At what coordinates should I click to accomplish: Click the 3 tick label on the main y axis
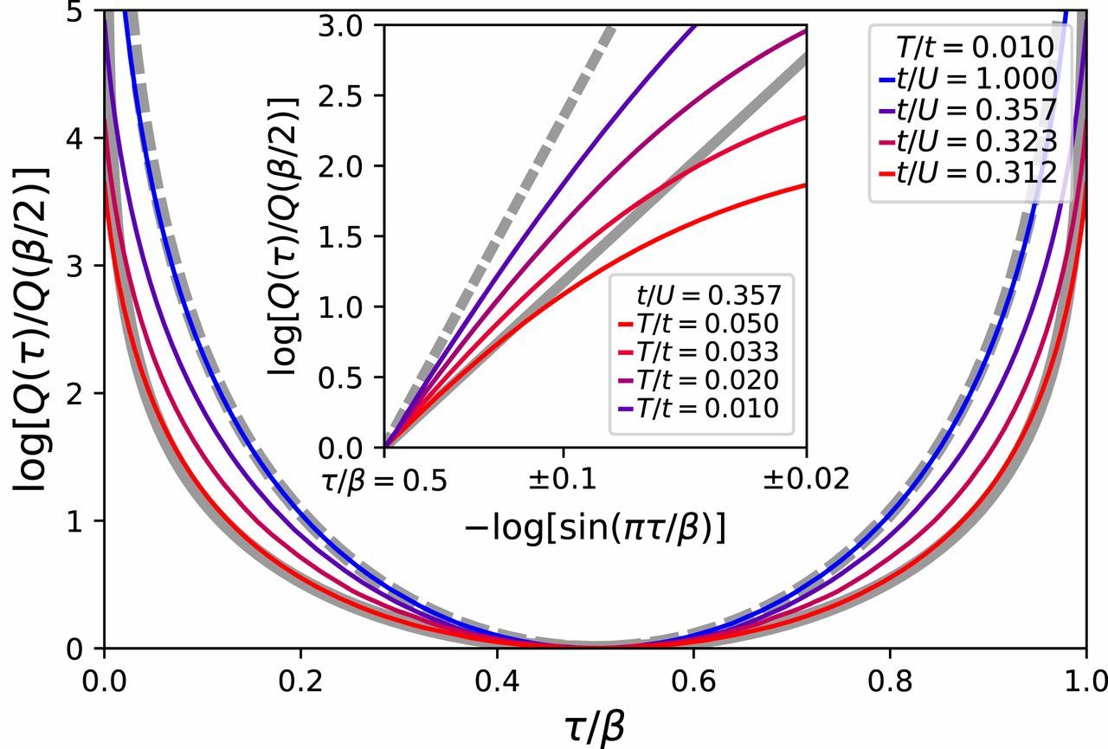coord(82,266)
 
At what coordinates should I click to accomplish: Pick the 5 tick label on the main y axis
coord(82,11)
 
